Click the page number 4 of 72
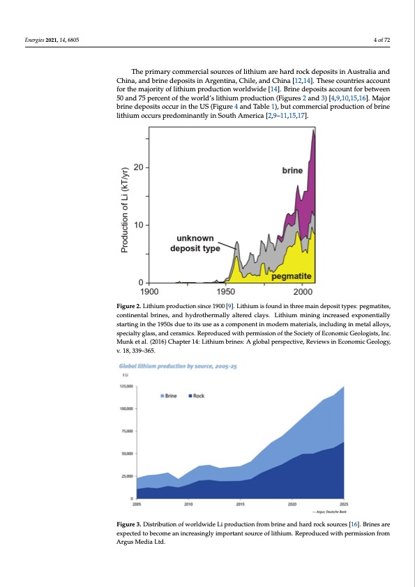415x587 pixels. pyautogui.click(x=382, y=40)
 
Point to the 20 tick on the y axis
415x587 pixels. pyautogui.click(x=139, y=168)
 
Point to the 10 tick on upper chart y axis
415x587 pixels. pyautogui.click(x=139, y=225)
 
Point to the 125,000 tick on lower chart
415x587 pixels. pyautogui.click(x=126, y=386)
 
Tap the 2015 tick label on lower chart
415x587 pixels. pyautogui.click(x=240, y=503)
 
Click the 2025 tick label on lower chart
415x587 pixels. pyautogui.click(x=344, y=503)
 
